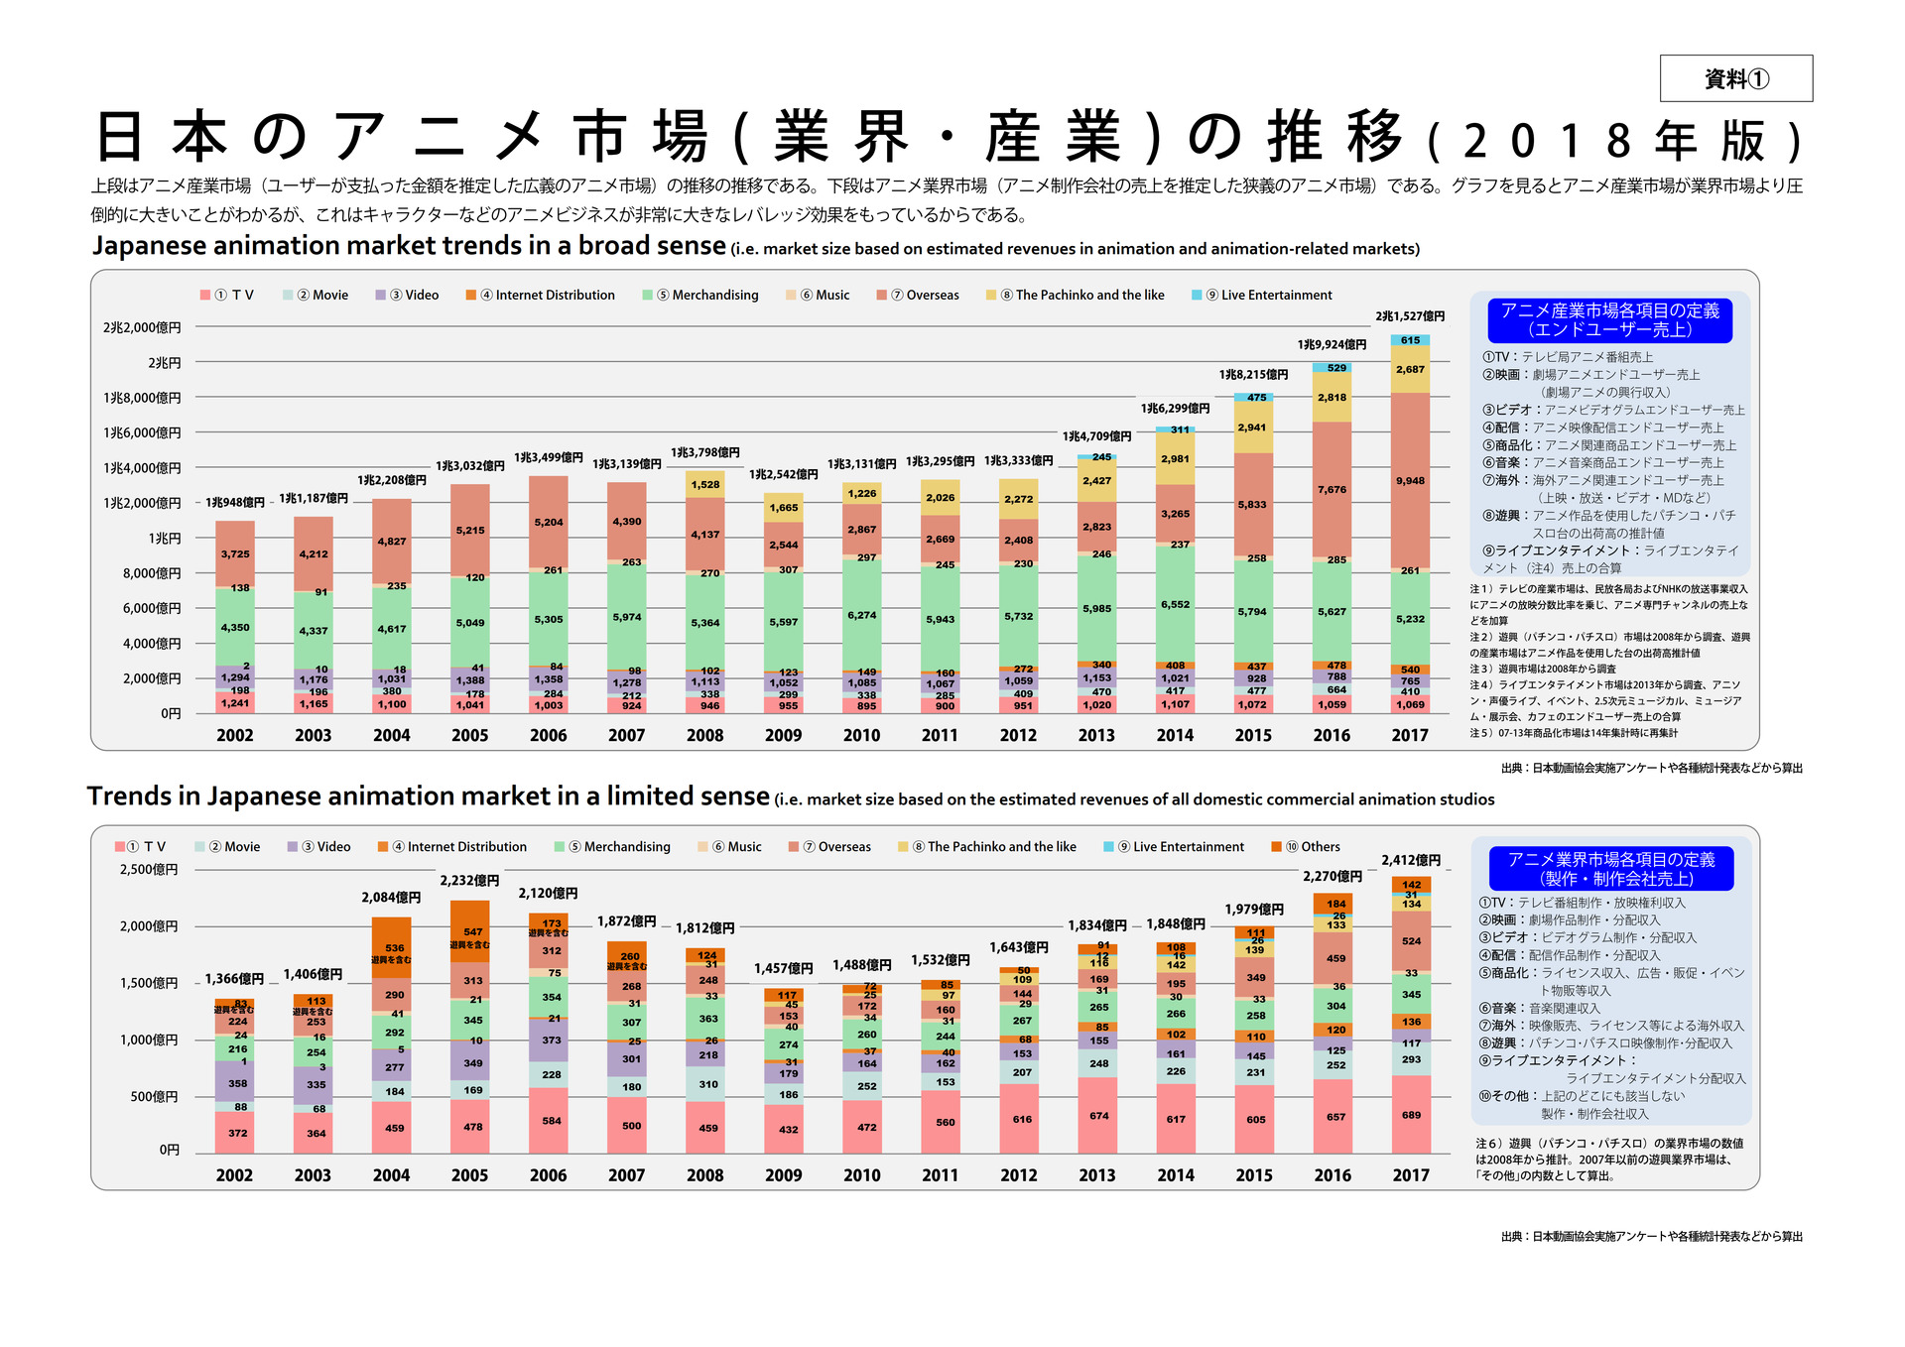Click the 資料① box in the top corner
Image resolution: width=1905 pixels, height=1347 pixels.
click(x=1735, y=78)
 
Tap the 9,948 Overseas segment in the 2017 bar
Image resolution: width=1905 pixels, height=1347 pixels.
click(x=1410, y=481)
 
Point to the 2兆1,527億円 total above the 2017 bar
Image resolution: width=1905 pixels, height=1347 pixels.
click(x=1410, y=316)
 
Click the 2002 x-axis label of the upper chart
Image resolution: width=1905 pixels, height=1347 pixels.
click(x=235, y=735)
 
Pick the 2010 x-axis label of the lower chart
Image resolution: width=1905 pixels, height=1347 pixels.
click(x=861, y=1175)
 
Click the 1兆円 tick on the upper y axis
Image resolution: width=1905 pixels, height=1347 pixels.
click(x=165, y=539)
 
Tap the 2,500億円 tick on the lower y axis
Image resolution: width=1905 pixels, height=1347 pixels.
click(x=149, y=870)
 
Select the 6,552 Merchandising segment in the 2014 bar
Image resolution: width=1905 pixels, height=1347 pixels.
click(x=1175, y=604)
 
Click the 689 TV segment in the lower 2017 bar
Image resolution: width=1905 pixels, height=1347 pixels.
click(x=1411, y=1115)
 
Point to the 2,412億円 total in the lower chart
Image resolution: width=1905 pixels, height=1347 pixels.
click(x=1410, y=860)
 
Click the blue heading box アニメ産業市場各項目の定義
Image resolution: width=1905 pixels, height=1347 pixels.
click(x=1609, y=320)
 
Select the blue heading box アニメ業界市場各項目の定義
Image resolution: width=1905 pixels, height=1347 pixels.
click(x=1611, y=869)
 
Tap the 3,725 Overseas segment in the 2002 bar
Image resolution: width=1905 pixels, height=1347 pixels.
click(x=235, y=554)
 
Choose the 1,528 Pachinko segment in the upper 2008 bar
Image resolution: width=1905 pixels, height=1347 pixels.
click(x=704, y=485)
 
